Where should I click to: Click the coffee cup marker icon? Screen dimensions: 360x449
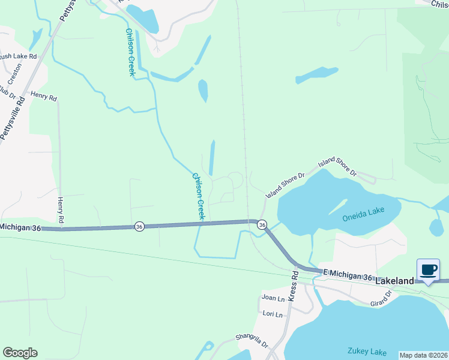point(429,270)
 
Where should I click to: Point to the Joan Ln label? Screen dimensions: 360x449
point(273,298)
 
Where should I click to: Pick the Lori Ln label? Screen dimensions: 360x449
point(272,313)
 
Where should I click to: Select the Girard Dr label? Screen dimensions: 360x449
point(381,300)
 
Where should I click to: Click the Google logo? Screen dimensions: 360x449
point(19,353)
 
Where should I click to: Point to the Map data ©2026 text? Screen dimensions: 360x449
point(423,355)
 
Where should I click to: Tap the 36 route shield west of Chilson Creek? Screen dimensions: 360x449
point(139,226)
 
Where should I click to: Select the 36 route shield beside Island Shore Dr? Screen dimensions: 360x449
point(262,224)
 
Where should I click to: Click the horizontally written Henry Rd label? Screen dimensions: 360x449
point(43,96)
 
